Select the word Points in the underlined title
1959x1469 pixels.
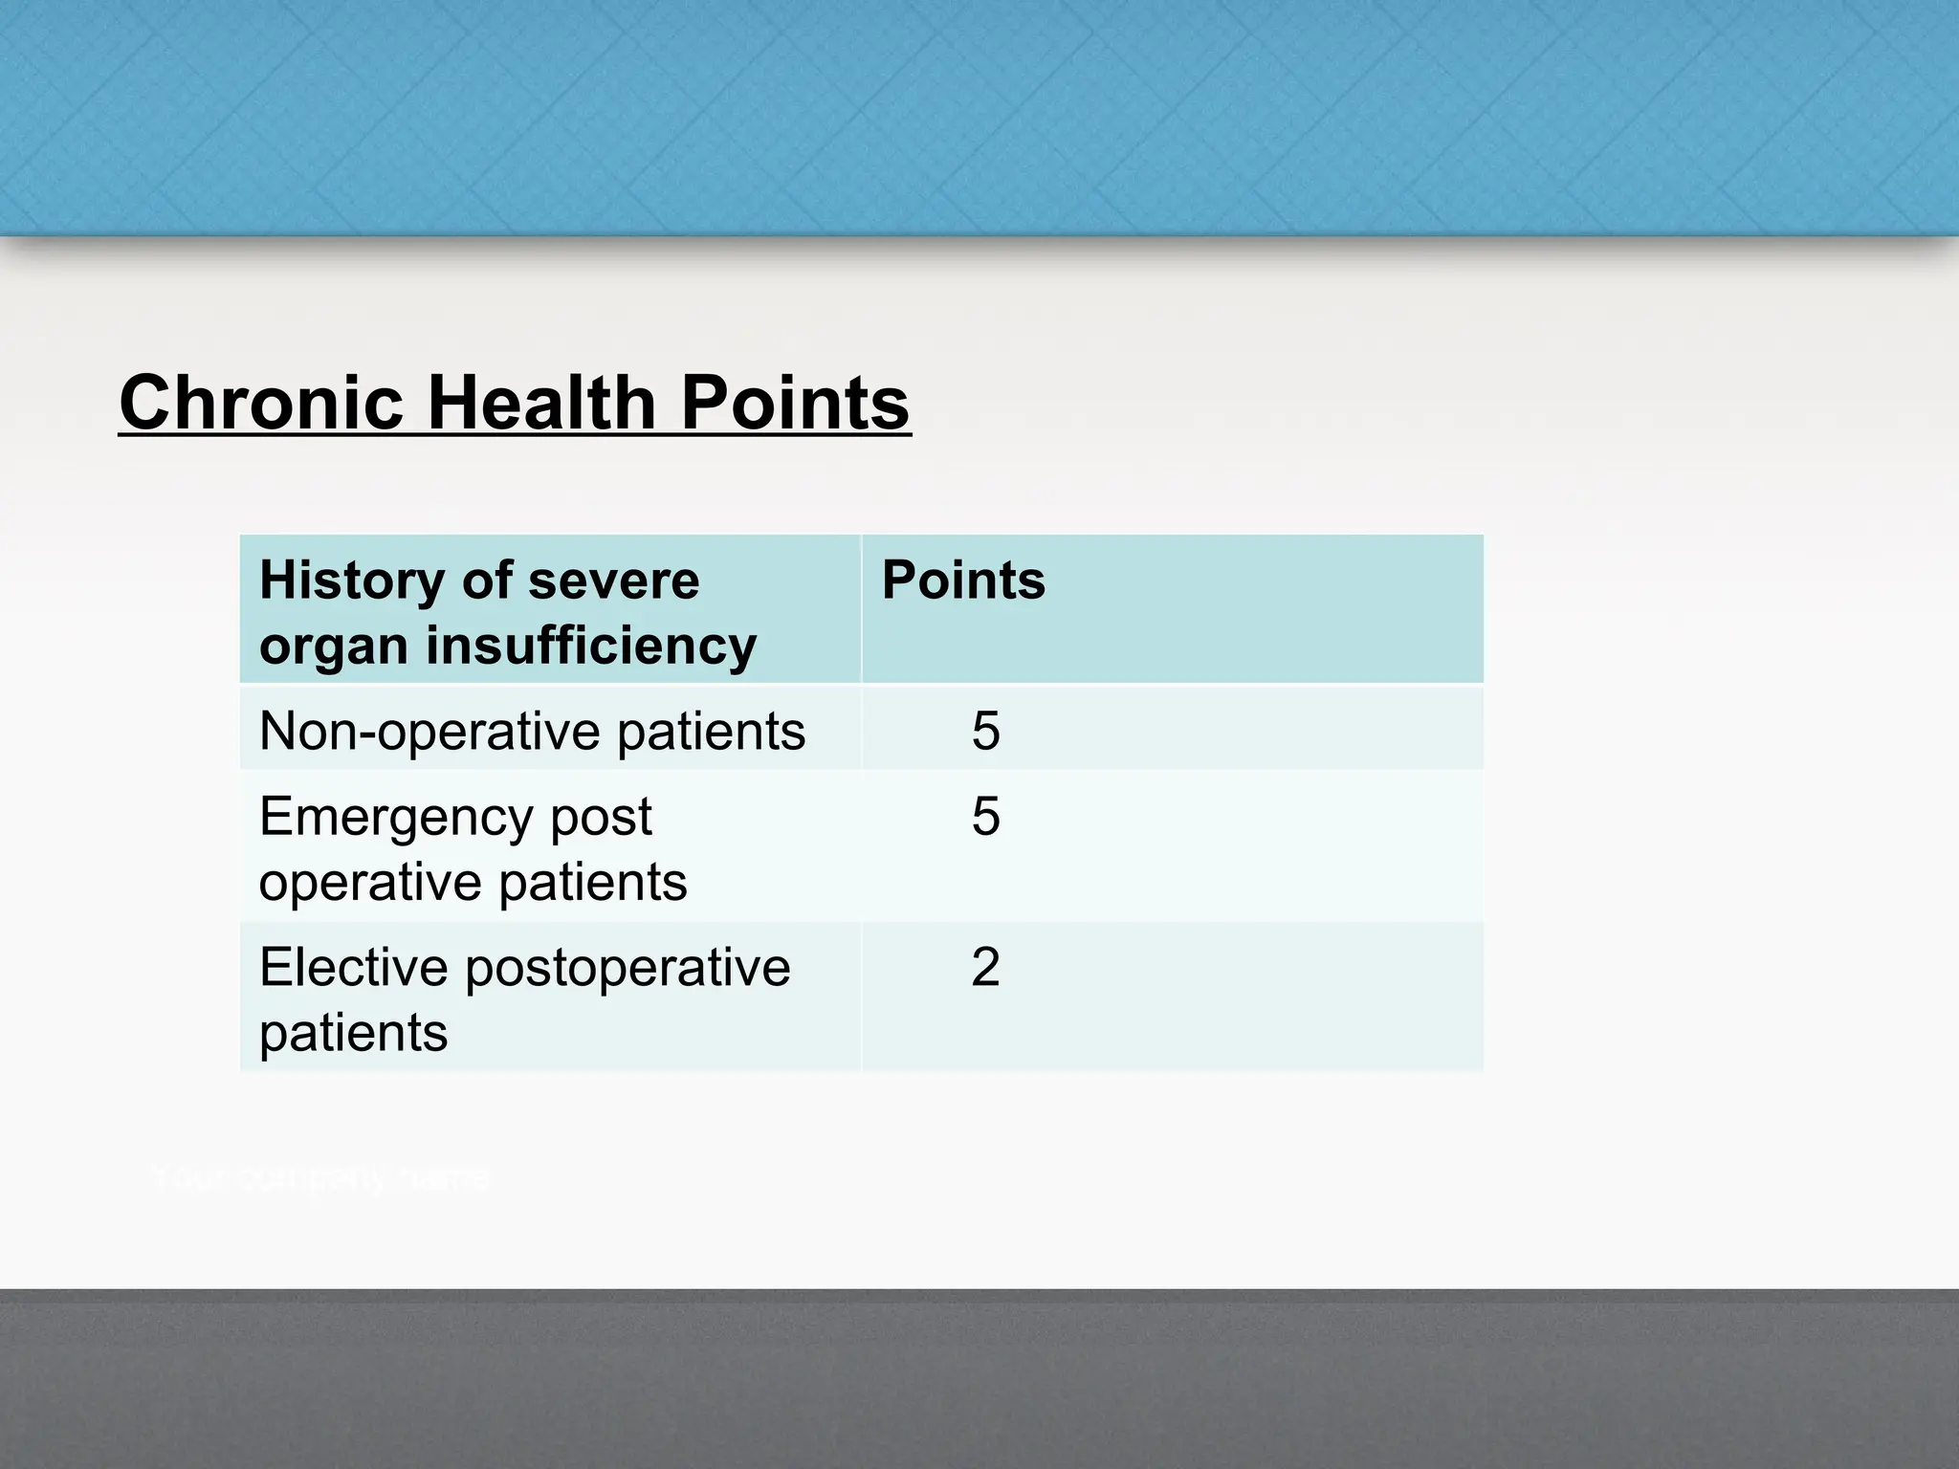pyautogui.click(x=794, y=403)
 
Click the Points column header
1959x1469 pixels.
pyautogui.click(x=962, y=580)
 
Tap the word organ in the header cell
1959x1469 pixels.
pyautogui.click(x=334, y=647)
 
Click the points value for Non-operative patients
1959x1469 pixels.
pyautogui.click(x=985, y=731)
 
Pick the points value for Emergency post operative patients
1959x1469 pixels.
pyautogui.click(x=985, y=816)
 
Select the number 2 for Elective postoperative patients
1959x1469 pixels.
pyautogui.click(x=985, y=967)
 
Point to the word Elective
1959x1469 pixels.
pyautogui.click(x=353, y=967)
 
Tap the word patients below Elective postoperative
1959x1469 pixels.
pyautogui.click(x=353, y=1033)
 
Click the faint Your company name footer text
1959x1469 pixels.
pyautogui.click(x=320, y=1178)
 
